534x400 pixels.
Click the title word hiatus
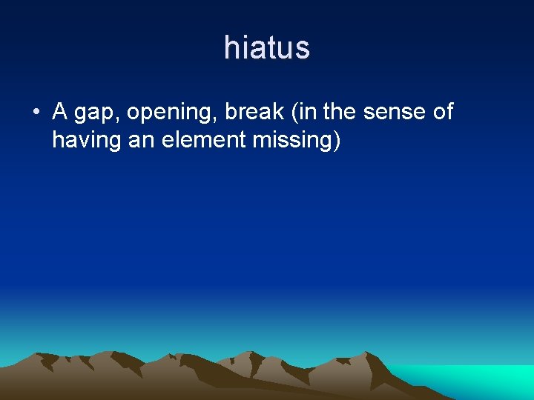266,48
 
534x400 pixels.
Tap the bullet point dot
36,113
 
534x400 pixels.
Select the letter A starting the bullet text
60,112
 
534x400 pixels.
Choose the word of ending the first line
441,112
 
